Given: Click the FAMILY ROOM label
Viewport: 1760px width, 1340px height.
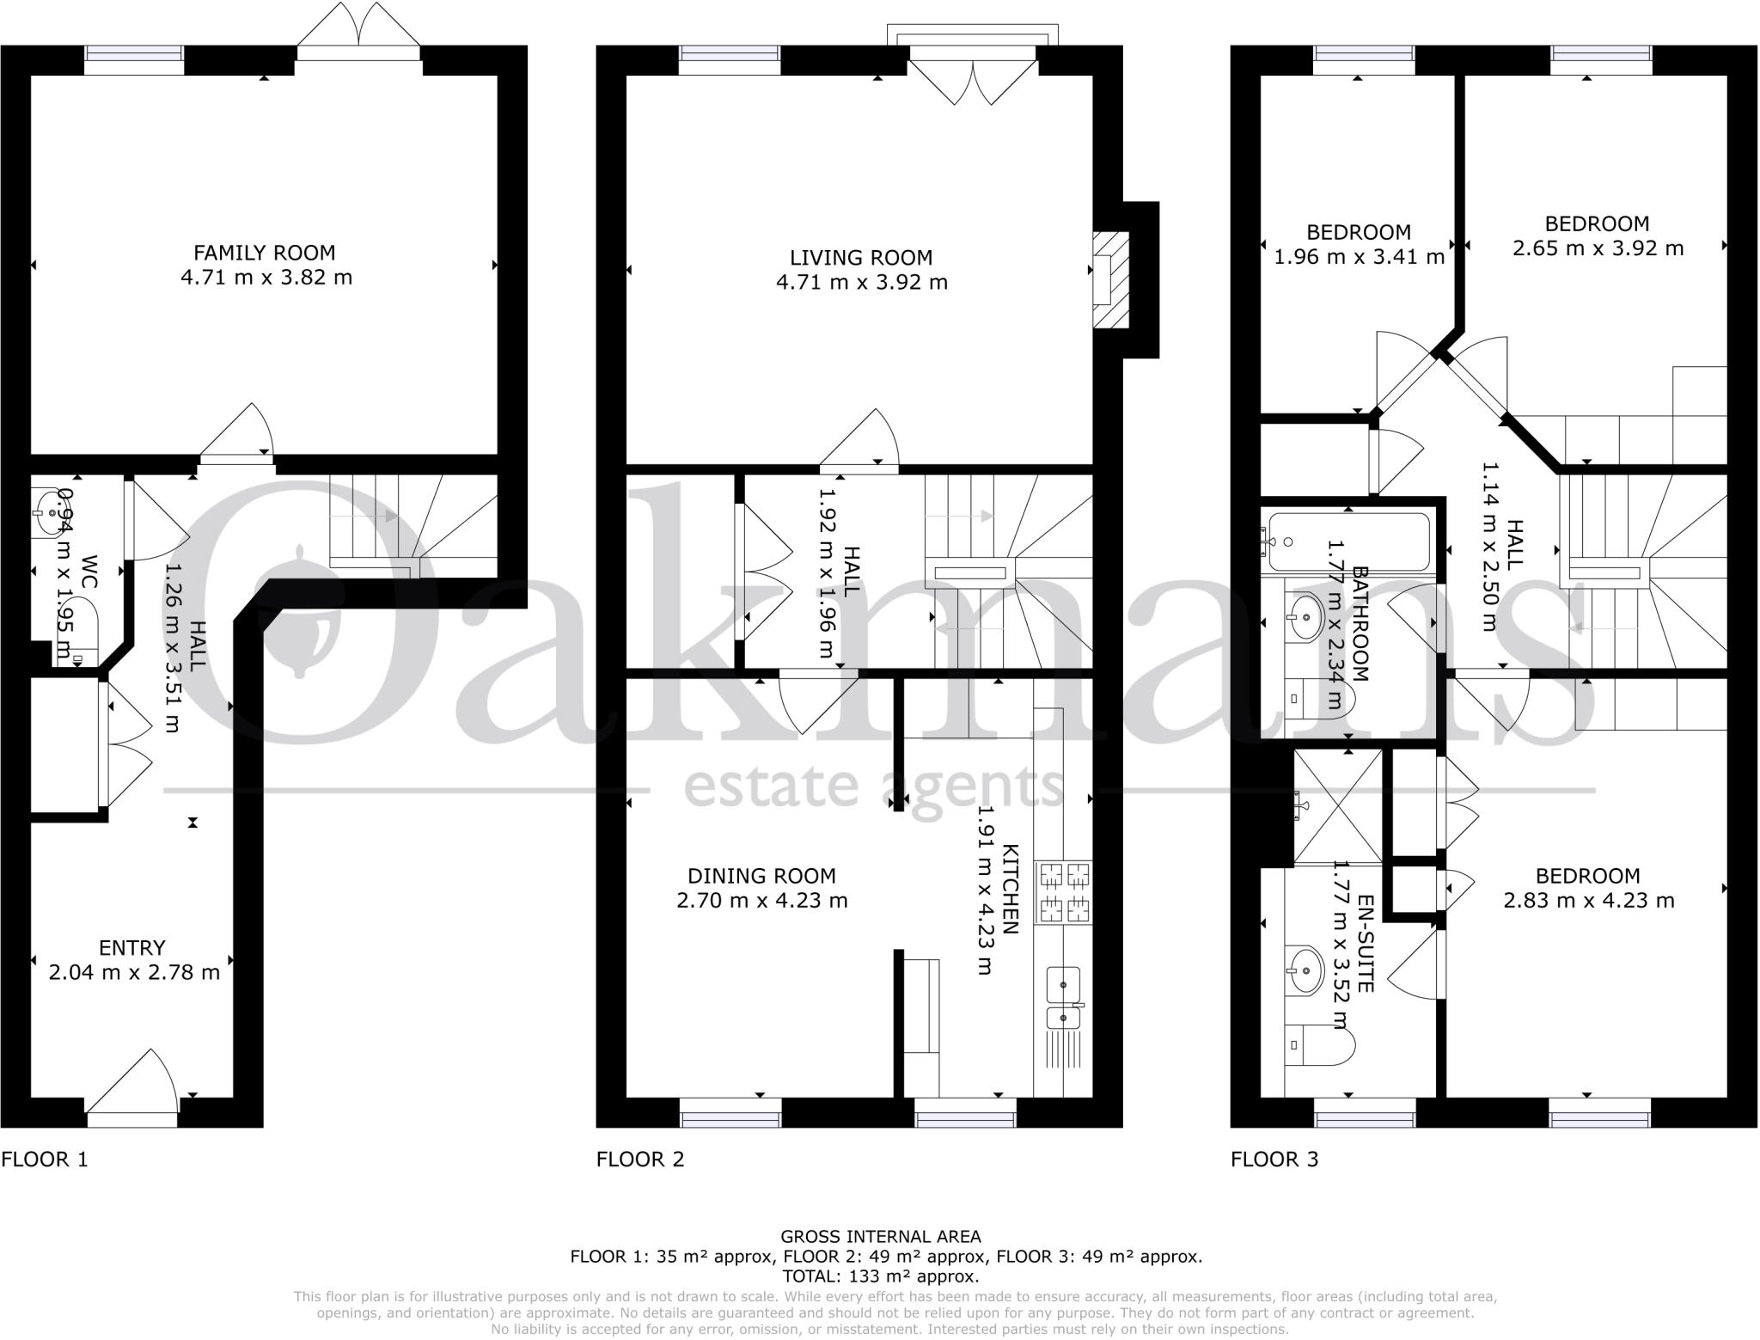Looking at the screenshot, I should click(264, 253).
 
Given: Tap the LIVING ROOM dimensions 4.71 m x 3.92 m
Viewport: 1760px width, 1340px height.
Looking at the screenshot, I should click(861, 283).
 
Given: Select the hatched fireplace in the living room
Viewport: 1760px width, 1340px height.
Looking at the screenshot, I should click(1110, 279).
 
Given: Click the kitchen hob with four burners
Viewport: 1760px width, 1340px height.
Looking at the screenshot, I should click(1065, 893).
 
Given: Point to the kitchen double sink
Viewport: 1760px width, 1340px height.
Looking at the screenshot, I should click(1064, 998).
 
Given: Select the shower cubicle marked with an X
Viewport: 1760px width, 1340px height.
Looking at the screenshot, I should click(1337, 806).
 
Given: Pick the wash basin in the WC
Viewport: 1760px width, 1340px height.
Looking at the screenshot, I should click(54, 513).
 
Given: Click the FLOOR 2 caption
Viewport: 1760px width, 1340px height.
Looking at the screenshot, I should click(640, 1159).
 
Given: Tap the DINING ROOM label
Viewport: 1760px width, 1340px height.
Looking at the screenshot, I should click(761, 876).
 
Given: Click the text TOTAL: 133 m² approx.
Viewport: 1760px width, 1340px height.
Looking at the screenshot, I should click(881, 1276).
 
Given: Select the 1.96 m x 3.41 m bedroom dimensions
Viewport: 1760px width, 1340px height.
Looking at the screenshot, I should click(1359, 257).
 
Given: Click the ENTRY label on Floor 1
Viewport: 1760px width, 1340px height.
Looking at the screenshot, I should click(131, 947).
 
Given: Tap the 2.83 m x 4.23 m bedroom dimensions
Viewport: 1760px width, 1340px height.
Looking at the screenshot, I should click(1588, 901).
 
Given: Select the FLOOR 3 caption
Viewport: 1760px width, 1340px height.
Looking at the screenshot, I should click(1274, 1159).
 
